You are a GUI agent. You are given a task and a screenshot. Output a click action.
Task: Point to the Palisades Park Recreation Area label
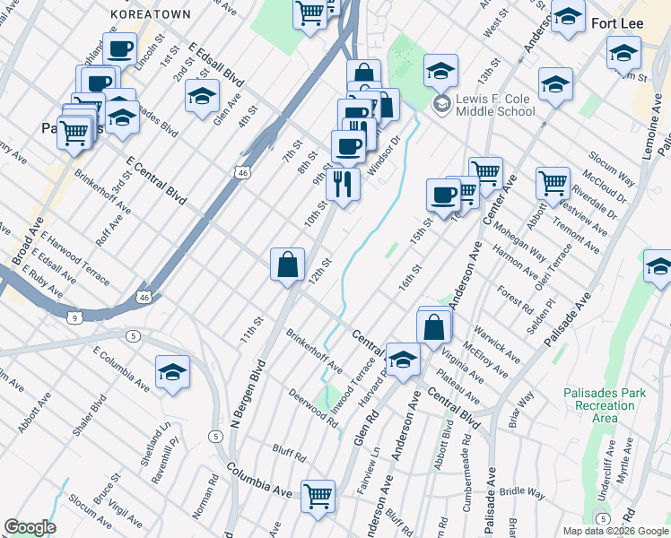603,405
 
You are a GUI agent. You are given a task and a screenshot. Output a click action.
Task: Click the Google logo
29,527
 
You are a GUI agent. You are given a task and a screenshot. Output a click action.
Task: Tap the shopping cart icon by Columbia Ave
318,496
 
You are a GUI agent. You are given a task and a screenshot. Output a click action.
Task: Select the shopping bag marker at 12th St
287,265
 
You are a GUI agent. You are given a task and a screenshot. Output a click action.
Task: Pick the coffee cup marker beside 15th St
443,195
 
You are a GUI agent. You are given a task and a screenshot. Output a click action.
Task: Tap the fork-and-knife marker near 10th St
343,184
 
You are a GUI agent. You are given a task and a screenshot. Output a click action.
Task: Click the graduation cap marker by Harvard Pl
403,359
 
